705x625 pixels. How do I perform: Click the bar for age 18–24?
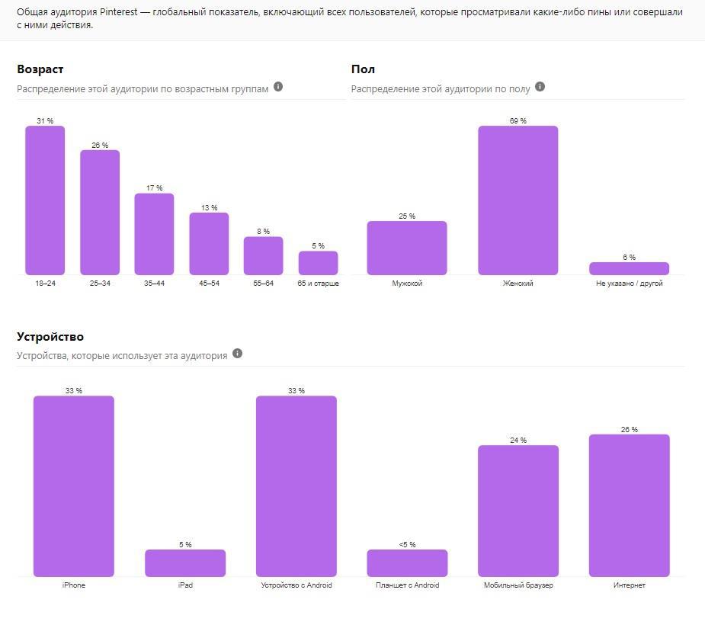coord(45,200)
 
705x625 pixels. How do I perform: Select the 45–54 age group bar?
coord(209,243)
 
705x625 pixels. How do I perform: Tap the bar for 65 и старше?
coord(318,263)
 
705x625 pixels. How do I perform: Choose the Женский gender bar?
coord(518,200)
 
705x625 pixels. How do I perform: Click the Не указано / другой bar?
coord(629,268)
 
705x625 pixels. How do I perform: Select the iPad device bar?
coord(185,562)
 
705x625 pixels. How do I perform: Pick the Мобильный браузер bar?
coord(518,511)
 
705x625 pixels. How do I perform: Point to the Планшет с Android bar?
coord(407,562)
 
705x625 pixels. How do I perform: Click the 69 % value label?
coord(518,120)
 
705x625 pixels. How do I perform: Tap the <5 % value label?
coord(407,544)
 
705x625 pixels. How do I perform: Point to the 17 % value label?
coord(154,187)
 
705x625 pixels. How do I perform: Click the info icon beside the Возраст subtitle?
coord(278,87)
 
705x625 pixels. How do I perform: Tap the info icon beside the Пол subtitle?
coord(540,87)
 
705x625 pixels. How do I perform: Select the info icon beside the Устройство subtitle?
coord(237,354)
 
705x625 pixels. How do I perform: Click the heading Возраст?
coord(40,69)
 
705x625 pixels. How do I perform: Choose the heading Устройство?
coord(50,336)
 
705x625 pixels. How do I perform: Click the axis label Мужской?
coord(407,284)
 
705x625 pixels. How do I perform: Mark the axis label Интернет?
coord(629,585)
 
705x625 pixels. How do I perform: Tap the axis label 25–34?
coord(100,284)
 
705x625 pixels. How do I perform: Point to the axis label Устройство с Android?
coord(296,585)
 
